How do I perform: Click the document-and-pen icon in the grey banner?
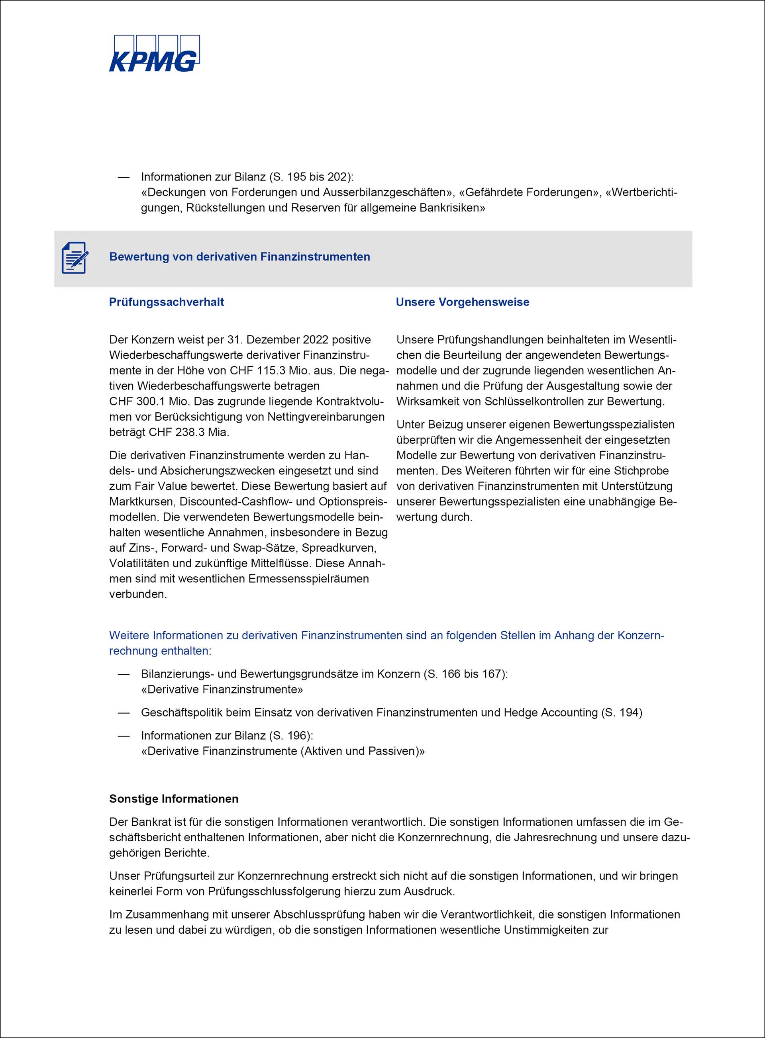[74, 257]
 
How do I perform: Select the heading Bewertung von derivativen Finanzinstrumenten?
[239, 257]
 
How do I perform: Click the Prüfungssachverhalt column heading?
[166, 302]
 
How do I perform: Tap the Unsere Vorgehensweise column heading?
[462, 302]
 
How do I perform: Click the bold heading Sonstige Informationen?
[174, 799]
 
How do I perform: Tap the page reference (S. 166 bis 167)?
[465, 674]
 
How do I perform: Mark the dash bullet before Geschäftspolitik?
[123, 713]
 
